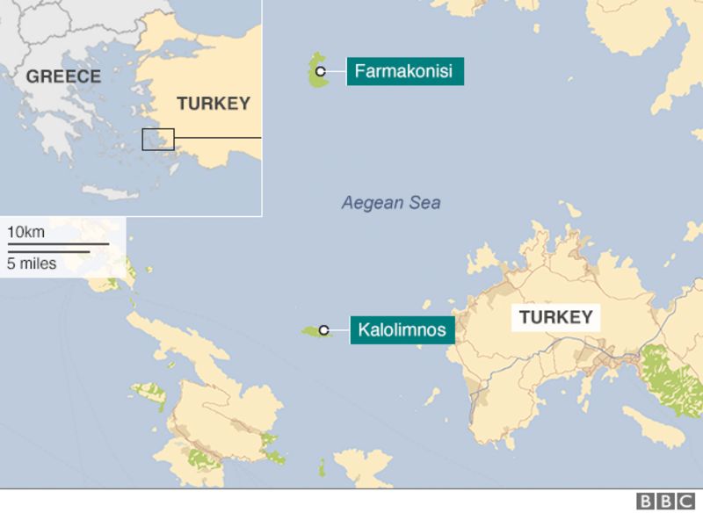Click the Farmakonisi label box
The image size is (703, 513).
point(405,71)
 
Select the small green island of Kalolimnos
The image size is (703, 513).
point(311,331)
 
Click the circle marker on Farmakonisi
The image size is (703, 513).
point(321,71)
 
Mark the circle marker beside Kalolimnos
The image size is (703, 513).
point(324,330)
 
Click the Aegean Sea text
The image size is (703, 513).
point(391,204)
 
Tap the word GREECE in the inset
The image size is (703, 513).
point(63,76)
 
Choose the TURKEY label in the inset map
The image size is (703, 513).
point(214,104)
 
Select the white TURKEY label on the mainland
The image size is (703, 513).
point(556,317)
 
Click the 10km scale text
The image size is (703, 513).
point(26,232)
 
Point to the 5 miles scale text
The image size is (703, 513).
point(32,263)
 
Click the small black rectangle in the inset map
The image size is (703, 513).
point(158,139)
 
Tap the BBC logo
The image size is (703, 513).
point(664,501)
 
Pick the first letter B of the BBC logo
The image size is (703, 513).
point(646,501)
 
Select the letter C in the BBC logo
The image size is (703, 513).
point(684,501)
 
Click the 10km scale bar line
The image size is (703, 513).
point(58,243)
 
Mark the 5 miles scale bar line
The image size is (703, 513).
point(48,251)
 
